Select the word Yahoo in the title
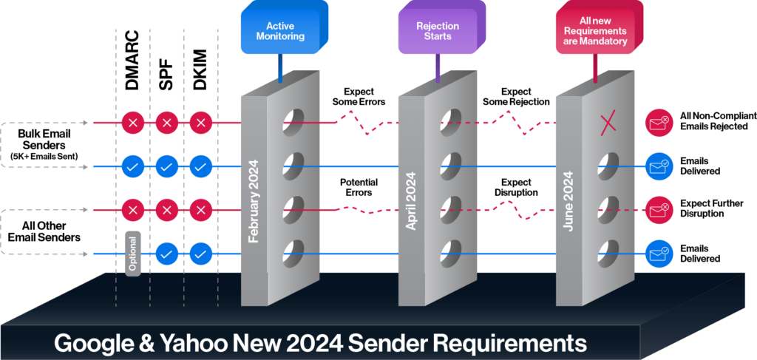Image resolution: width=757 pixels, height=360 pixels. point(195,344)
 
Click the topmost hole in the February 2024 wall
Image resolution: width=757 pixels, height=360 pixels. point(294,120)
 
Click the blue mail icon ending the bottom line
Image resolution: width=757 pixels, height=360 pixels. point(657,254)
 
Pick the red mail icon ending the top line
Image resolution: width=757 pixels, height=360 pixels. point(657,122)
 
